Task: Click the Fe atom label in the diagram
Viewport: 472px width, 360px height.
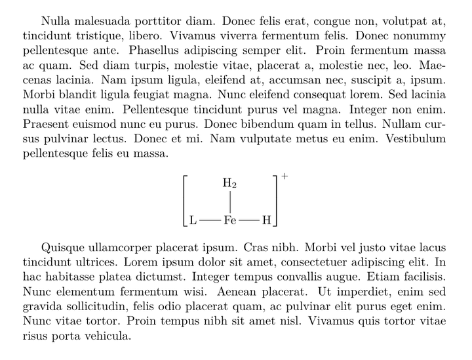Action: (229, 220)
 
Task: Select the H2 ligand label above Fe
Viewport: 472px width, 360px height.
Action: (229, 184)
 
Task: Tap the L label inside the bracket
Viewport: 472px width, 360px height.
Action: (193, 220)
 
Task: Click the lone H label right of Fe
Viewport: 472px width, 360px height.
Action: (266, 220)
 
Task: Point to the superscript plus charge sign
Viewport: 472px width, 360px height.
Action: (285, 176)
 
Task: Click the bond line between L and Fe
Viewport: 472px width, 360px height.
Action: (210, 220)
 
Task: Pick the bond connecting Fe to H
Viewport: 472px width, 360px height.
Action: (249, 220)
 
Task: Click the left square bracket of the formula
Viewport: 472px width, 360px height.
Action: (185, 201)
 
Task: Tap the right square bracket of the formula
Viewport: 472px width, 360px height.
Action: (276, 201)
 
